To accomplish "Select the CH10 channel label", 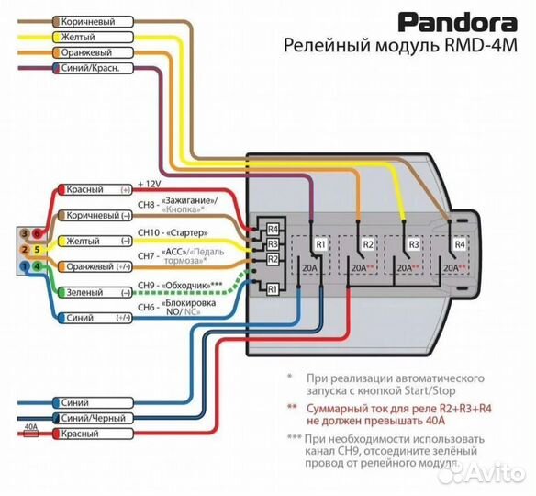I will coord(151,233).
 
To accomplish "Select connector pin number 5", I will coord(37,249).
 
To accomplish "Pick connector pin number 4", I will coord(37,265).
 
